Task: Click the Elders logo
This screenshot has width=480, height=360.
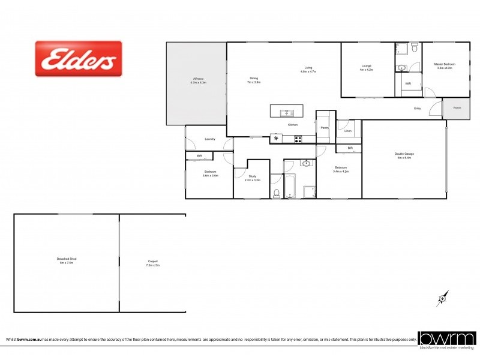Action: pyautogui.click(x=79, y=58)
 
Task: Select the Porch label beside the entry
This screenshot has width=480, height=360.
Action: pyautogui.click(x=457, y=108)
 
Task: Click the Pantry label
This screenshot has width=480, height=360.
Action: pyautogui.click(x=323, y=128)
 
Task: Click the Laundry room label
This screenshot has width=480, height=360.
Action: pyautogui.click(x=209, y=139)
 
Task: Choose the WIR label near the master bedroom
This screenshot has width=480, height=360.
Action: pyautogui.click(x=408, y=83)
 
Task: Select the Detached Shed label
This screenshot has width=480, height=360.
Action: pyautogui.click(x=68, y=260)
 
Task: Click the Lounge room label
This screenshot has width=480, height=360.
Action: pyautogui.click(x=366, y=67)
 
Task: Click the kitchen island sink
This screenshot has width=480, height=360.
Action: pyautogui.click(x=287, y=112)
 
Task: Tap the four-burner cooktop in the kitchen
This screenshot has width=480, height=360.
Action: pyautogui.click(x=298, y=139)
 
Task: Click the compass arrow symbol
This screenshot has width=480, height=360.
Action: pyautogui.click(x=442, y=298)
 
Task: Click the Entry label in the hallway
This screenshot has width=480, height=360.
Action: pyautogui.click(x=417, y=108)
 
